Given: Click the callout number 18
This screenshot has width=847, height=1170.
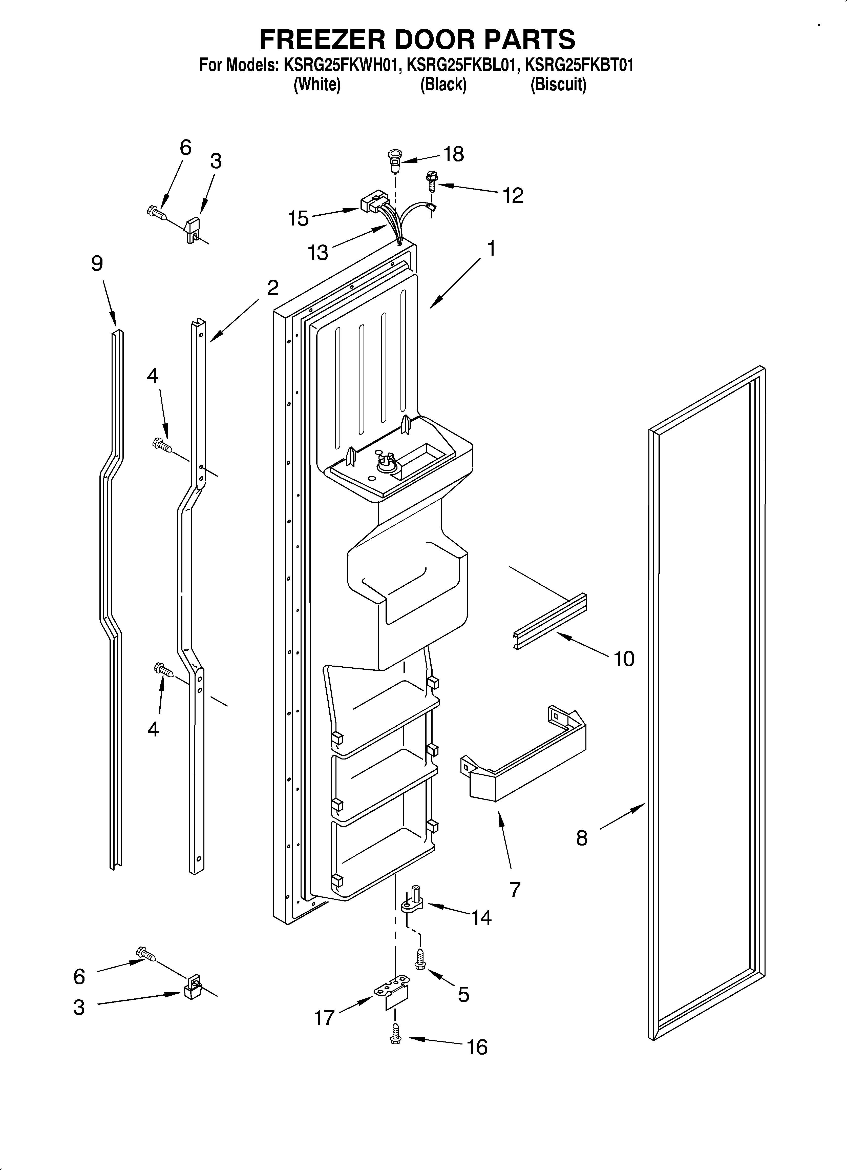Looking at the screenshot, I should click(453, 154).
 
